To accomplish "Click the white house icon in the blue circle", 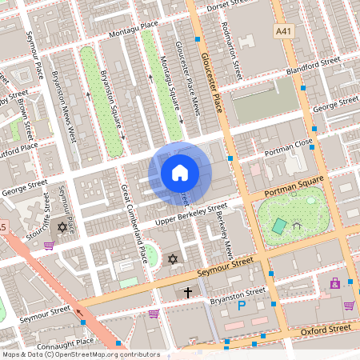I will coord(180,172).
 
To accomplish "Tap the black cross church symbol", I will coord(188,293).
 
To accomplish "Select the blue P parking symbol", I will coord(241,305).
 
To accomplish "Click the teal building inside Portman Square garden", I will coord(278,226).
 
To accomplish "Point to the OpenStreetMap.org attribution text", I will coord(80,354).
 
